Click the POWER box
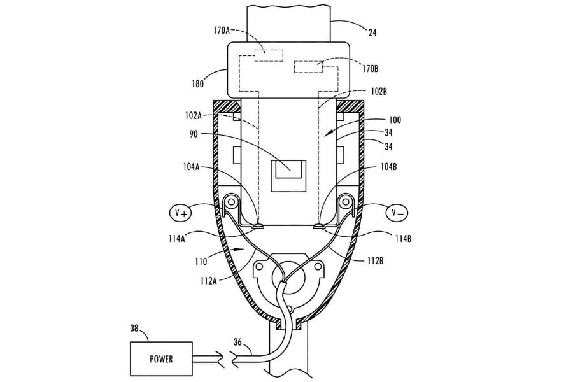161,358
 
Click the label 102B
377,90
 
